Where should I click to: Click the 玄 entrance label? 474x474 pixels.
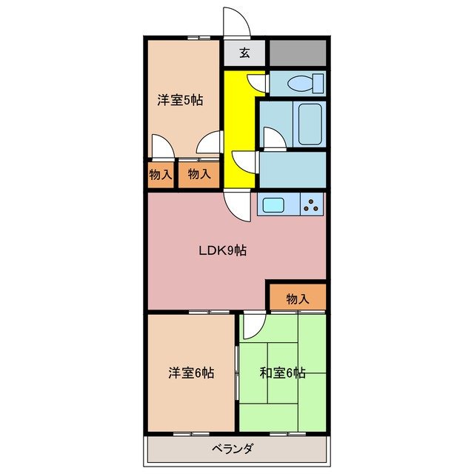pyautogui.click(x=244, y=53)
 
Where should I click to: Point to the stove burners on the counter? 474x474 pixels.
pyautogui.click(x=312, y=204)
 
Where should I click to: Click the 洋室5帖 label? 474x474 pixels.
pyautogui.click(x=179, y=101)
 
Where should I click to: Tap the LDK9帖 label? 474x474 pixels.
pyautogui.click(x=222, y=250)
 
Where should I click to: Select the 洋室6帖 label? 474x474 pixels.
pyautogui.click(x=191, y=373)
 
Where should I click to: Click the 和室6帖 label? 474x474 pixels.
pyautogui.click(x=282, y=373)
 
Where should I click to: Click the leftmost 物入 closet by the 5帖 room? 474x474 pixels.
pyautogui.click(x=161, y=176)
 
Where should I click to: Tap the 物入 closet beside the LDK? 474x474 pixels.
pyautogui.click(x=297, y=298)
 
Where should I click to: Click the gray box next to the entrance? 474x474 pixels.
pyautogui.click(x=298, y=53)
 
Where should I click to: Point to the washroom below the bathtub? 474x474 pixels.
pyautogui.click(x=293, y=169)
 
